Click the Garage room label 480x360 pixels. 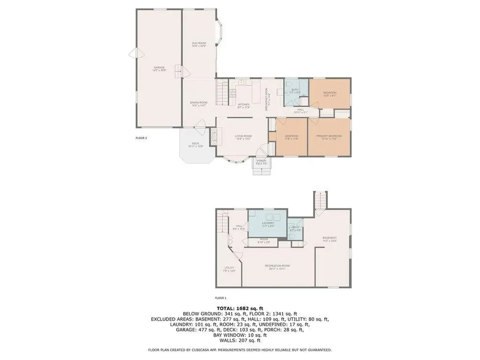pos(158,68)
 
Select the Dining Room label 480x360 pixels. pos(199,104)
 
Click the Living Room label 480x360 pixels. pos(243,137)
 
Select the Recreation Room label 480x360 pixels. pos(279,267)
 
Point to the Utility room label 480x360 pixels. pos(229,269)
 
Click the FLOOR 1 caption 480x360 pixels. pos(221,298)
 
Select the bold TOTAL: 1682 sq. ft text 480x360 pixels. pos(240,308)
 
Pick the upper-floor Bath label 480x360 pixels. pos(295,91)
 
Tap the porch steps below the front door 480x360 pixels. pos(262,170)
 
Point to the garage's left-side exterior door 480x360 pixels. pos(133,53)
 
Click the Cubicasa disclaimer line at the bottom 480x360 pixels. pos(240,350)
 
